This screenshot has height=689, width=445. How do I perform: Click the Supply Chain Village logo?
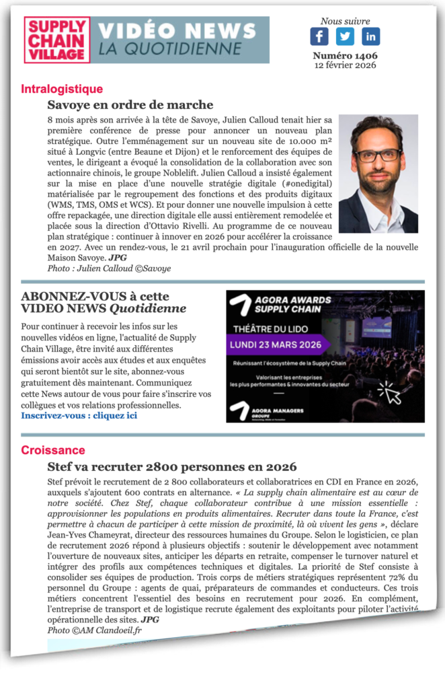coord(57,40)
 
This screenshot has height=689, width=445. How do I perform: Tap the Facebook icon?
coord(319,36)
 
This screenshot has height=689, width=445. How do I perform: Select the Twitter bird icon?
coord(345,36)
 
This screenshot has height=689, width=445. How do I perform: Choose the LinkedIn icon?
coord(370,36)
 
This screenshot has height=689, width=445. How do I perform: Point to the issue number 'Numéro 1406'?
coord(345,56)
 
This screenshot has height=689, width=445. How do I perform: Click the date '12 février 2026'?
coord(345,65)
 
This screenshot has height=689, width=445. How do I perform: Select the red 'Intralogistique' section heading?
coord(62,89)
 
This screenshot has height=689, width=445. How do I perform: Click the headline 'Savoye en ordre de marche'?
coord(130,105)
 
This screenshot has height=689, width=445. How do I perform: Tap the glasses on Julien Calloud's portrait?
coord(378,155)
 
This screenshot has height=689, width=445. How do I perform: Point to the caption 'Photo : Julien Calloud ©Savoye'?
coord(109,268)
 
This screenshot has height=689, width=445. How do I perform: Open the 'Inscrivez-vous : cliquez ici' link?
coord(79,415)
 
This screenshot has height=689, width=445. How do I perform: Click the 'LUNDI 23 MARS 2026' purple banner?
coord(279,344)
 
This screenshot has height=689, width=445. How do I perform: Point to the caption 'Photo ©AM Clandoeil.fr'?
coord(94,630)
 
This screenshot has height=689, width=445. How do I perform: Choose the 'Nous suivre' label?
coord(345,21)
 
